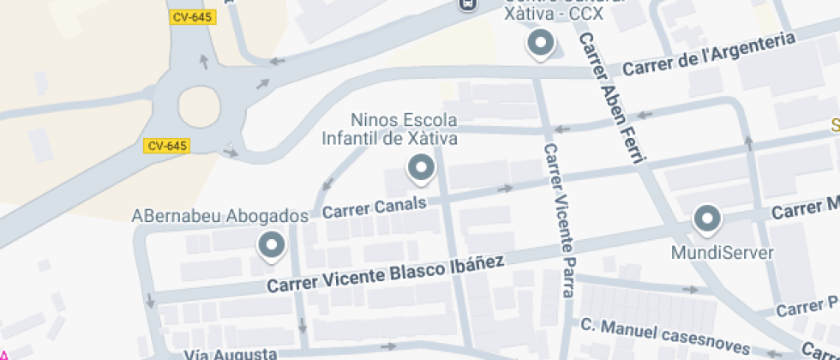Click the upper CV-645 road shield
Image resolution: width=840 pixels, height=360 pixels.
click(192, 16)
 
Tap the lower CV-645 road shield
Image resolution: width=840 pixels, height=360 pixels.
click(166, 146)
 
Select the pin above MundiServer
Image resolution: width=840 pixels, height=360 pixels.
click(707, 220)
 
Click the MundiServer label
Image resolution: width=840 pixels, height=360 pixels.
click(723, 253)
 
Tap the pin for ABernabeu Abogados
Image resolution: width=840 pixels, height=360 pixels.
click(272, 246)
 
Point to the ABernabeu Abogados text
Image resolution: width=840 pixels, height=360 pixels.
click(220, 215)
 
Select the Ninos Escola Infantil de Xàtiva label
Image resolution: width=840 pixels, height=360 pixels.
click(390, 129)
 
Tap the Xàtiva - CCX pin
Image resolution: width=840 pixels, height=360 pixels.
click(540, 44)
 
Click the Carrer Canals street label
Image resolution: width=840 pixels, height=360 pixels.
click(375, 207)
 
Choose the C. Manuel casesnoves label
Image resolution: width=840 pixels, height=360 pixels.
click(664, 338)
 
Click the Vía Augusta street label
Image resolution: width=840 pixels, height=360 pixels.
click(231, 354)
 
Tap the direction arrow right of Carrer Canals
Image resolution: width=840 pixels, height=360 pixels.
click(505, 188)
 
